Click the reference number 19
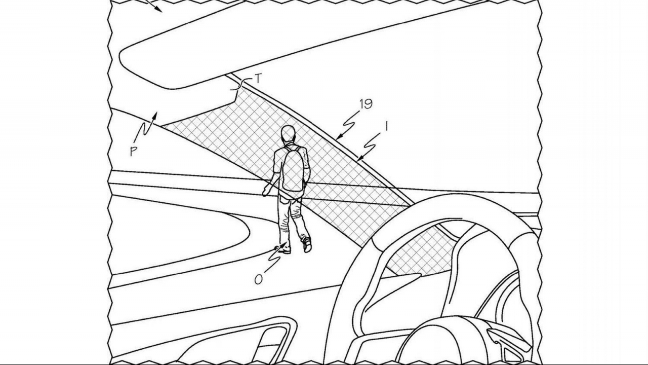pyautogui.click(x=366, y=104)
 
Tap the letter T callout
pyautogui.click(x=258, y=79)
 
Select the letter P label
pyautogui.click(x=133, y=151)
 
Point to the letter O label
pyautogui.click(x=259, y=279)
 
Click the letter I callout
pyautogui.click(x=386, y=126)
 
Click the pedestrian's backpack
pyautogui.click(x=293, y=169)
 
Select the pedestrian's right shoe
pyautogui.click(x=307, y=245)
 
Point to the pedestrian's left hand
pyautogui.click(x=265, y=192)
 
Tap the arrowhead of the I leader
pyautogui.click(x=359, y=158)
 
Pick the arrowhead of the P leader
pyautogui.click(x=155, y=116)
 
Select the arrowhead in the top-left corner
pyautogui.click(x=158, y=10)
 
